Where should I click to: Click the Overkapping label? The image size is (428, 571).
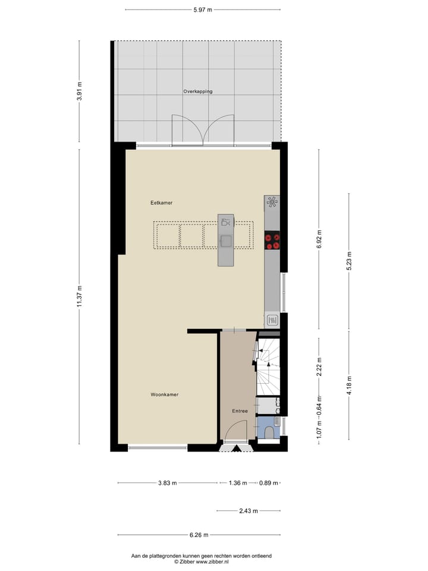click(198, 92)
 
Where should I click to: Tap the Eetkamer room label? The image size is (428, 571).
click(161, 203)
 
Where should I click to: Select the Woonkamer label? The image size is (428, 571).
click(165, 394)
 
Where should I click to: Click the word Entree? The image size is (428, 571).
click(240, 411)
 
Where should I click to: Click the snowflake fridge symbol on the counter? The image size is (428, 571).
click(272, 203)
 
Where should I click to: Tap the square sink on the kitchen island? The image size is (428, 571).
click(226, 240)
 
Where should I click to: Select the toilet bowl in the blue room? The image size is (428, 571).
click(269, 432)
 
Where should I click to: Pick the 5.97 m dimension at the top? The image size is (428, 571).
click(202, 10)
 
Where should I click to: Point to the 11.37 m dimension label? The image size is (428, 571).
click(79, 296)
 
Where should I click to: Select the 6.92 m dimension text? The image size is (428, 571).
click(319, 239)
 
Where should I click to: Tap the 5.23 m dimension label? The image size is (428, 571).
click(349, 261)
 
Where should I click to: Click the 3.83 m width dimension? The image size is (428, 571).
click(167, 483)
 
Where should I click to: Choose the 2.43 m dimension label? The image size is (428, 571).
click(248, 511)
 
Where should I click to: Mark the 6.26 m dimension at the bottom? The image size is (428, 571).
click(199, 535)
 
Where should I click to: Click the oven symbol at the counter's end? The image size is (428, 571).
click(272, 321)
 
